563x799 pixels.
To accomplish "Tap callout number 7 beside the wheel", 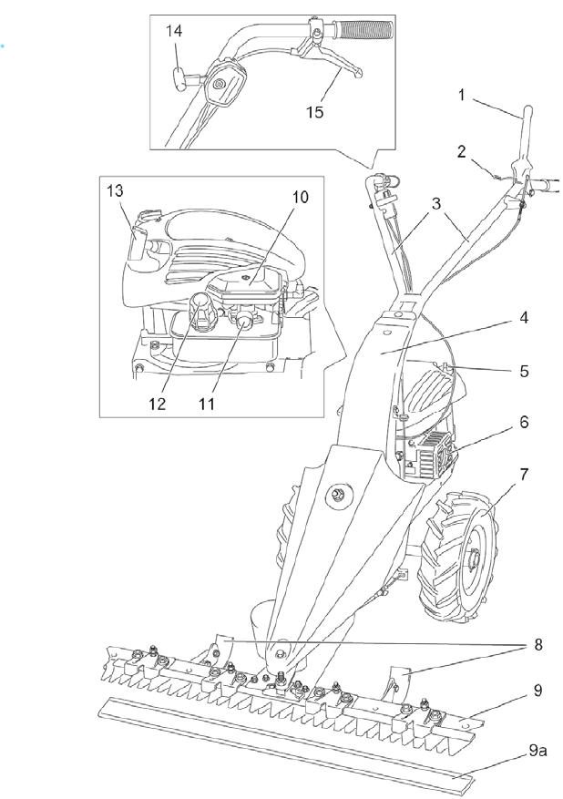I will coord(524,475).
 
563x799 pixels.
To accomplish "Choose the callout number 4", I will coord(524,320).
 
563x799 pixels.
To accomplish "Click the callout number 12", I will coord(159,402).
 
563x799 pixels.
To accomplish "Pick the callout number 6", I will coord(524,423).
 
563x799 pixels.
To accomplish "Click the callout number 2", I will coord(462,150).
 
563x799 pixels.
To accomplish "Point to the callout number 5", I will coord(524,372).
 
